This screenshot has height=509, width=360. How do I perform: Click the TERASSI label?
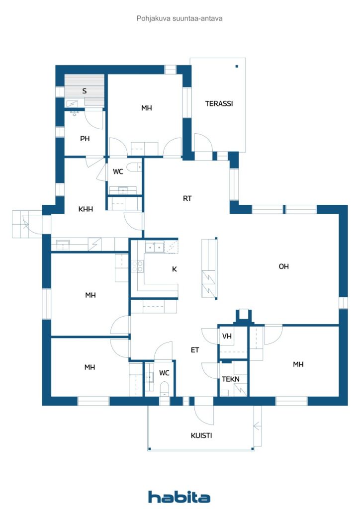(219, 103)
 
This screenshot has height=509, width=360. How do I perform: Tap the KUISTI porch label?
(201, 435)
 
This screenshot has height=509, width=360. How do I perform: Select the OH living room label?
(283, 266)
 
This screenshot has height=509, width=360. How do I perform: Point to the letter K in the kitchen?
(175, 269)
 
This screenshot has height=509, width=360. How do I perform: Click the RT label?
(187, 198)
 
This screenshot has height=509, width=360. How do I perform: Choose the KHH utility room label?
(86, 209)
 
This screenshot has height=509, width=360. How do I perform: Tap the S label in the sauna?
(85, 91)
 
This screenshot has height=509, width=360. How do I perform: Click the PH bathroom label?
(85, 139)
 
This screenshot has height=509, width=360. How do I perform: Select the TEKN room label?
(231, 379)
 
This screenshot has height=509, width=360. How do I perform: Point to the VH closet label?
(227, 336)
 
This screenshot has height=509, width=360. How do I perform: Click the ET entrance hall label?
(195, 350)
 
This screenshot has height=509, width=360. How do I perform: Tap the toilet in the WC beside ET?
(164, 389)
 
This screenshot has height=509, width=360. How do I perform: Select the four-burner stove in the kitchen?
(137, 266)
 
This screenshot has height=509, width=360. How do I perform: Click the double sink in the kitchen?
(155, 248)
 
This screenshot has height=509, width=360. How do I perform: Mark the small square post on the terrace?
(237, 66)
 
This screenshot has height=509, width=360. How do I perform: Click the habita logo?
(179, 497)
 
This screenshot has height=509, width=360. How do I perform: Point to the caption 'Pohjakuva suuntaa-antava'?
(180, 18)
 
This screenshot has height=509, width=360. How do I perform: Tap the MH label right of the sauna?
(146, 108)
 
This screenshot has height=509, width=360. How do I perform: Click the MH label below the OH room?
(298, 364)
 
